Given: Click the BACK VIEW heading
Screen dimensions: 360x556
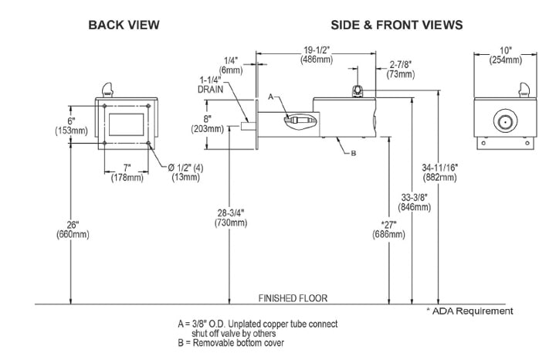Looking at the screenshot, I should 124,25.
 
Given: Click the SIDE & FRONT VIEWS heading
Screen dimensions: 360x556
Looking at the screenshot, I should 397,25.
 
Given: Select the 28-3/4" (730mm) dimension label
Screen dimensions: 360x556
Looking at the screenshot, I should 232,217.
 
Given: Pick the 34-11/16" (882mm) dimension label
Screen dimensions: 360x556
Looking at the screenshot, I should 442,172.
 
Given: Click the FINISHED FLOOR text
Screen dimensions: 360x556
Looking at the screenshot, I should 294,297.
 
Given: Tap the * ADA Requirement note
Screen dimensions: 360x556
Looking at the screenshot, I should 470,311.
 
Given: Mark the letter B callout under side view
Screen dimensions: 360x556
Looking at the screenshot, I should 352,154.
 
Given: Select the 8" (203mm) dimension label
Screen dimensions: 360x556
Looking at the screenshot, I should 212,123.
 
